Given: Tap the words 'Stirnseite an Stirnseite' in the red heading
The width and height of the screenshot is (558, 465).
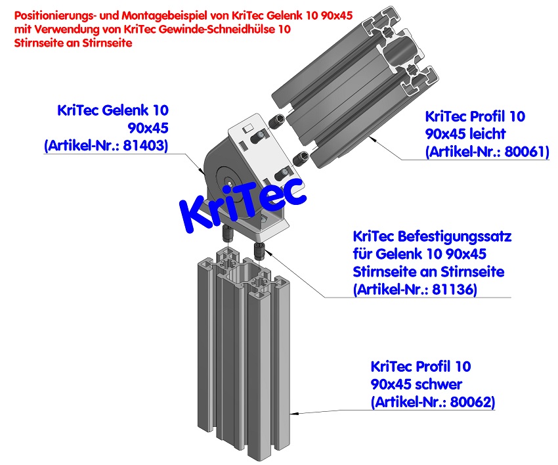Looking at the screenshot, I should click(73, 43).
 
